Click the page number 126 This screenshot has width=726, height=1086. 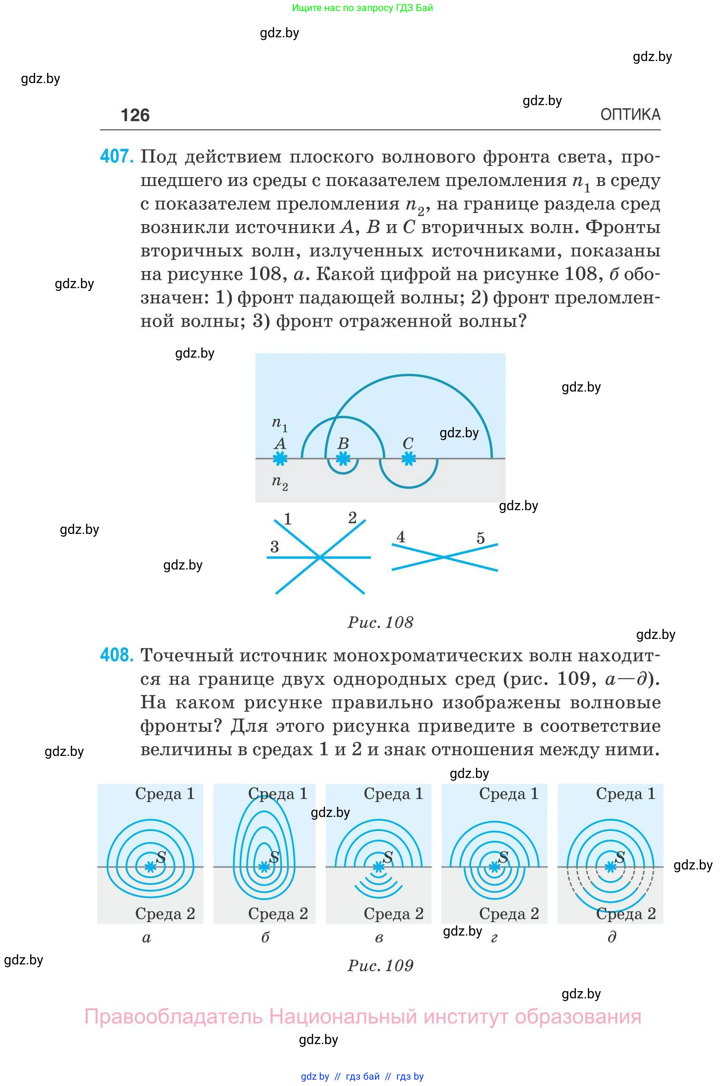coord(135,115)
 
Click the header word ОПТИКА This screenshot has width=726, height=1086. coord(630,114)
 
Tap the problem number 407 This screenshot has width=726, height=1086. coord(117,156)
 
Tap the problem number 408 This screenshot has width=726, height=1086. coord(117,655)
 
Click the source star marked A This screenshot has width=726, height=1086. coord(280,459)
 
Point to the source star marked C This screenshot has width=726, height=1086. coord(409,459)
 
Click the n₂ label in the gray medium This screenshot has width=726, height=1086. coord(279,482)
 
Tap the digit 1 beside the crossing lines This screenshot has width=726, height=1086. coord(287,519)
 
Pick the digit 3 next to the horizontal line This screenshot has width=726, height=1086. coord(275,547)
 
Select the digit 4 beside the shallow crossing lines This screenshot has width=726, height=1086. coord(401,536)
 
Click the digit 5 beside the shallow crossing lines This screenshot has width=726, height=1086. coord(481,538)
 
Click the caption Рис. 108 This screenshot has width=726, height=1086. coord(380,622)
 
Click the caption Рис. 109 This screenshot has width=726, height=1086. coord(380,965)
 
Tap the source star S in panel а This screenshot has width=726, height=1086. coord(150,867)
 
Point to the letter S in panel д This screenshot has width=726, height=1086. coord(620,857)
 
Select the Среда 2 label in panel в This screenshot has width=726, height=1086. coord(394,913)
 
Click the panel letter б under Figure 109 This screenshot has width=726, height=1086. coord(265,937)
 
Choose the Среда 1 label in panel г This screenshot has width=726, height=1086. coord(509,794)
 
